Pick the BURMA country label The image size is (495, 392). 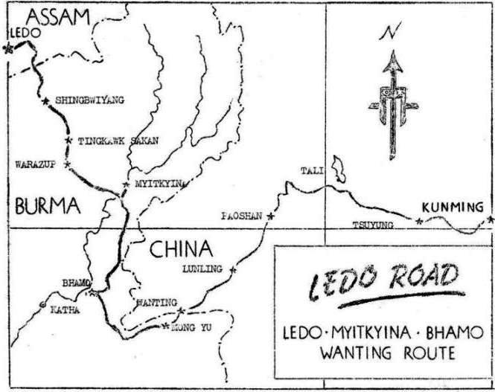[x=47, y=206]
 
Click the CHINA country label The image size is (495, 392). [x=181, y=249]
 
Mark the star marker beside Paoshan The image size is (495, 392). [x=270, y=216]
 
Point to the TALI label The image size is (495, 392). [x=312, y=171]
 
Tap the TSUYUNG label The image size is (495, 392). [x=372, y=224]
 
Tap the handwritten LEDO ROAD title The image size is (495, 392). [x=383, y=282]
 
